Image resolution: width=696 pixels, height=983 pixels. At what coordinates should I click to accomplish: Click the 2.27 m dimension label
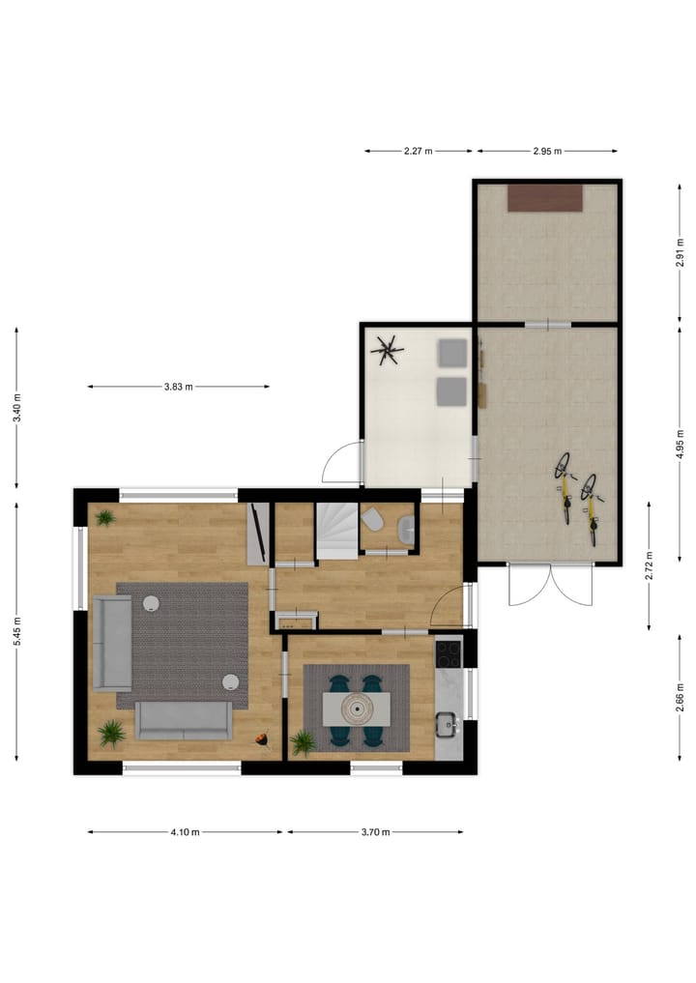(x=418, y=151)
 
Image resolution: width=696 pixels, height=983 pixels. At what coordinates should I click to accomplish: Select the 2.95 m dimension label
(x=547, y=151)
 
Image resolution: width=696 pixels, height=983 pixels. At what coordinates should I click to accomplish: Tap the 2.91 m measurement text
(x=681, y=253)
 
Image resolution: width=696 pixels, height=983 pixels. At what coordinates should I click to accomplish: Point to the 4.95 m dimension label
(x=681, y=444)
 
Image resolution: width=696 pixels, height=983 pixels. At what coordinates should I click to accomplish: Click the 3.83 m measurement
(x=178, y=387)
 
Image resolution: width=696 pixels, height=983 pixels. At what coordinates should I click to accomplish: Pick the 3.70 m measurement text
(x=374, y=831)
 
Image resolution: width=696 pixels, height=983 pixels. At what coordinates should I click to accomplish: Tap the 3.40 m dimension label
(x=17, y=408)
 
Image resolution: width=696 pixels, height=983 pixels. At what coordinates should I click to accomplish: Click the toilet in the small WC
(x=372, y=522)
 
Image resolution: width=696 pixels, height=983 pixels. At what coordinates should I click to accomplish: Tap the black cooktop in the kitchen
(x=449, y=654)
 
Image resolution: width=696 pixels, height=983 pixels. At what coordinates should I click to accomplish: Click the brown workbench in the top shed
(x=546, y=197)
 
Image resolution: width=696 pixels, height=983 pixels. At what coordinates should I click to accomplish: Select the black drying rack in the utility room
(x=390, y=349)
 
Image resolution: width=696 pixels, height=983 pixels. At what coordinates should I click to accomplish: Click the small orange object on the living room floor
(x=261, y=739)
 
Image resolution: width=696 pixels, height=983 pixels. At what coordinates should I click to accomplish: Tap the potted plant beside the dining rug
(x=303, y=742)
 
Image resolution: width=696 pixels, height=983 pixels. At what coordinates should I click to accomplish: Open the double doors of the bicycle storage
(x=548, y=585)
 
